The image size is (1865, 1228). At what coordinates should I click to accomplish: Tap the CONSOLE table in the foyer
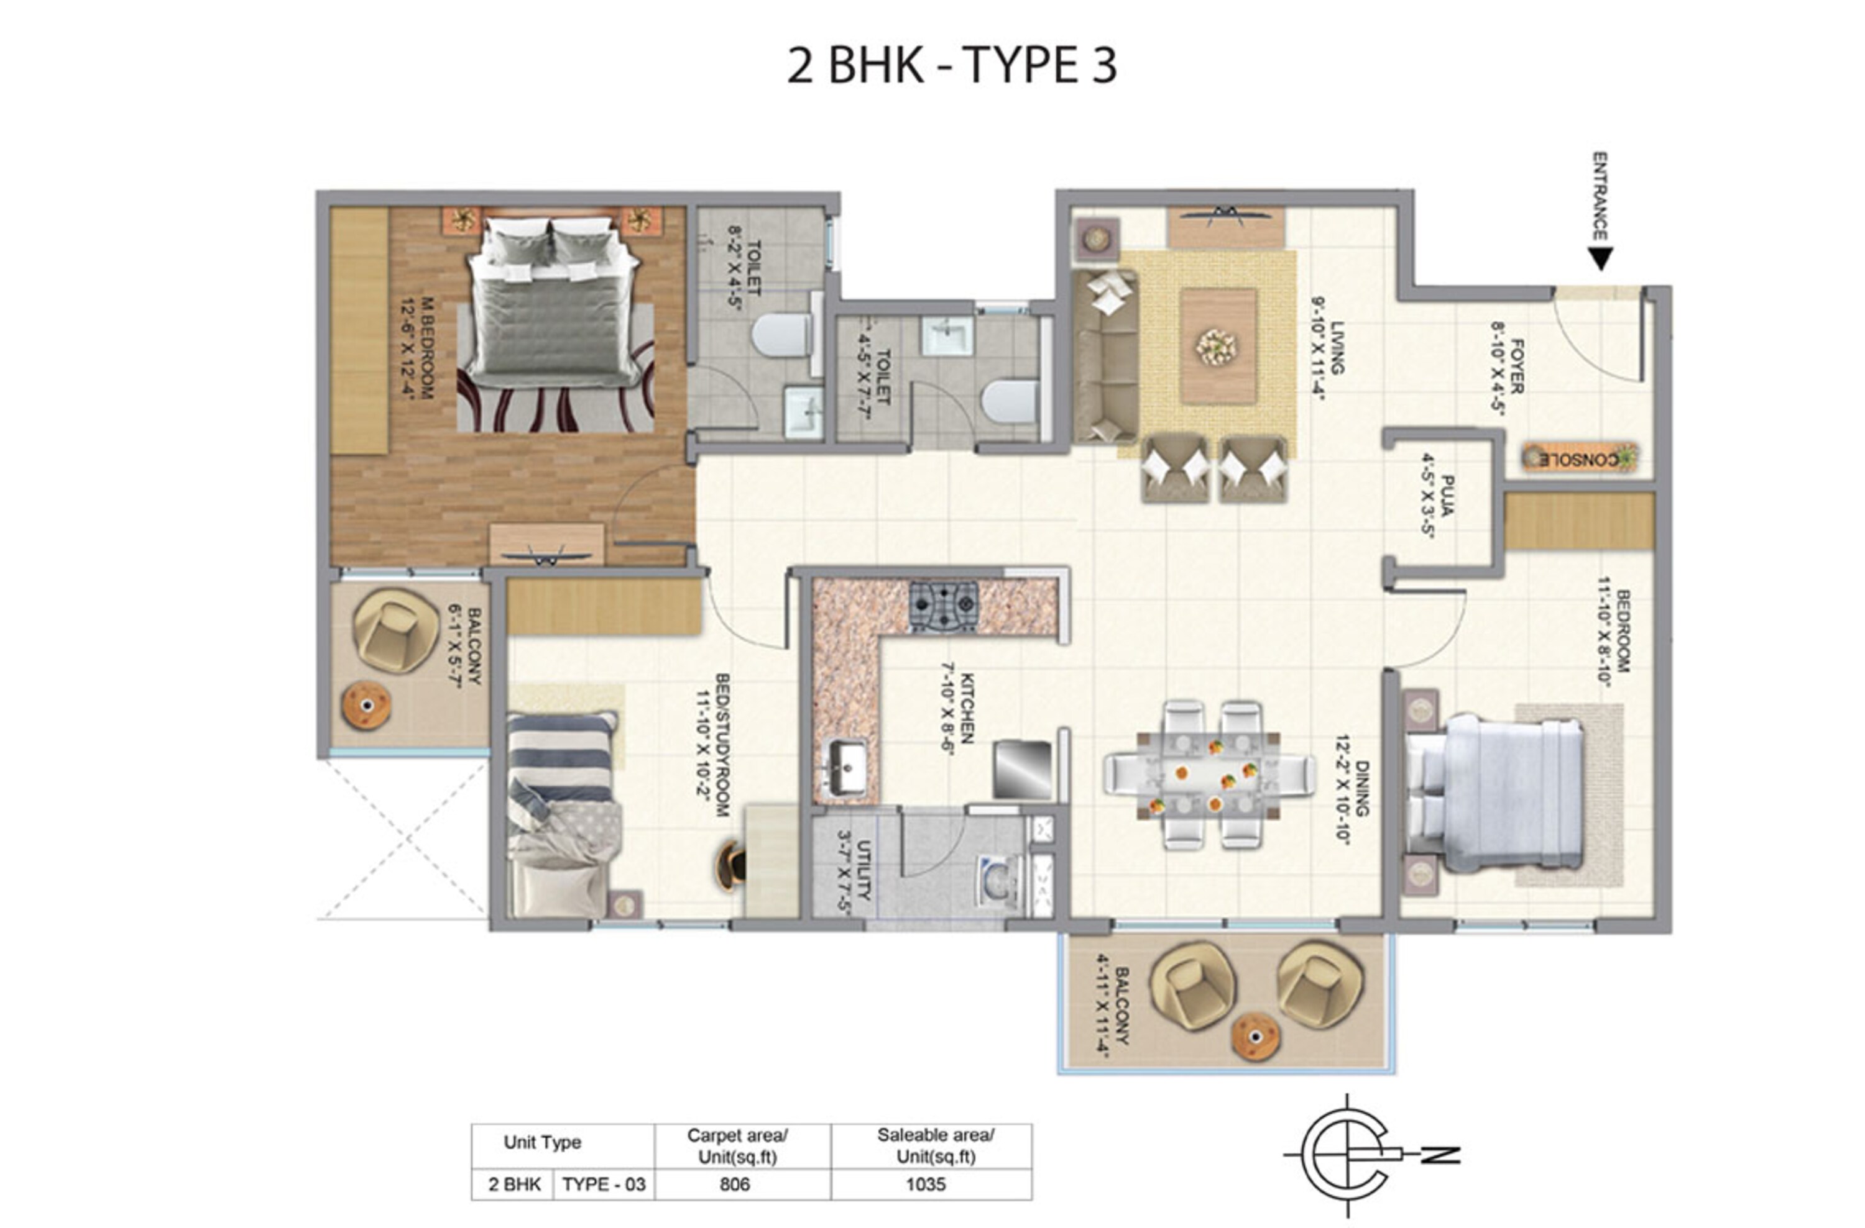[x=1580, y=458]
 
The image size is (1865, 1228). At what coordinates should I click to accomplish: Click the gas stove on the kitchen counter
[x=944, y=606]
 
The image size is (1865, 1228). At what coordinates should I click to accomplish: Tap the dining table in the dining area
[x=1209, y=774]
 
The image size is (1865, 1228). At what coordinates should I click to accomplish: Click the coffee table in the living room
[x=1218, y=345]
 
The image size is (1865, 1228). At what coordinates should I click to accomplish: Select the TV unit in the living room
[x=1225, y=227]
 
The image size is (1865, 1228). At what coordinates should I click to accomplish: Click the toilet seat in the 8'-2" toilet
[x=782, y=335]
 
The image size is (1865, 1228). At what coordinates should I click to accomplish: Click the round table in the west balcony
[x=366, y=706]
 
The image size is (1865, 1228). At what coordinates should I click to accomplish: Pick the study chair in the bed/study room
[x=732, y=866]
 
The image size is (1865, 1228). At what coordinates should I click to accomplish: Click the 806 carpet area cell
[x=734, y=1184]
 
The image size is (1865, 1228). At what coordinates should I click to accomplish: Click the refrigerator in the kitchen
[x=1022, y=770]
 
